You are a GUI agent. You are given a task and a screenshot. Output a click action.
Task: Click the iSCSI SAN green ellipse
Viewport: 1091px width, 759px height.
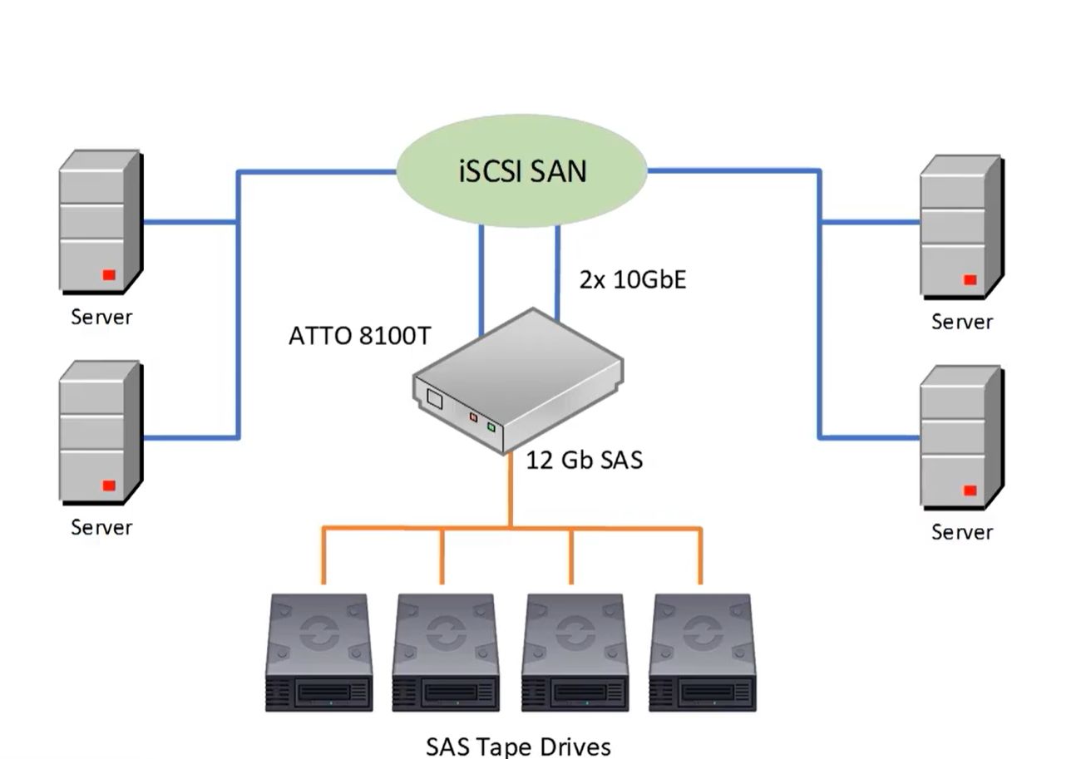click(522, 172)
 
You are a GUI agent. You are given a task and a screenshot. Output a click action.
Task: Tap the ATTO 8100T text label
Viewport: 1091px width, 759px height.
click(360, 336)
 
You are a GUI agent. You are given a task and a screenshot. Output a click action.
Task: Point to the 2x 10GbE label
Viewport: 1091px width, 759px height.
click(633, 279)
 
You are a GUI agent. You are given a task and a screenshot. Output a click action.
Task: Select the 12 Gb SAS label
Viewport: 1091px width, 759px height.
click(585, 460)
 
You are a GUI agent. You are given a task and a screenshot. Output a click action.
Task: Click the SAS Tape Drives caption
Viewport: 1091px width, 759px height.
click(518, 746)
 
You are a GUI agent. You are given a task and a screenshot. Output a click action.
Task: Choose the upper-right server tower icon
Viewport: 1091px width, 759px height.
click(960, 226)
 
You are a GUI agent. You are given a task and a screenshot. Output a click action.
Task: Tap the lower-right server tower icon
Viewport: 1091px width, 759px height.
click(960, 436)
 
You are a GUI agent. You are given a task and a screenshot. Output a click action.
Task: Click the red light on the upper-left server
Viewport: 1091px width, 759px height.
click(108, 274)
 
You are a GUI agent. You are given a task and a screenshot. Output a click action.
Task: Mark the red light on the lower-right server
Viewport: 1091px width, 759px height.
click(970, 490)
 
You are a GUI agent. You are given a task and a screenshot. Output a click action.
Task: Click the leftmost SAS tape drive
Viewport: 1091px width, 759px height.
click(319, 653)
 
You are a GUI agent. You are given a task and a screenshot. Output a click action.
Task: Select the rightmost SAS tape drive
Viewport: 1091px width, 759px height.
click(703, 653)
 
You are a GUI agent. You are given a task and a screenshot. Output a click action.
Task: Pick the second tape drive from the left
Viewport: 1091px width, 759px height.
click(446, 653)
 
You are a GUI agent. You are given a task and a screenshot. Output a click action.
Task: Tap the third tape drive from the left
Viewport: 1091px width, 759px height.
click(574, 653)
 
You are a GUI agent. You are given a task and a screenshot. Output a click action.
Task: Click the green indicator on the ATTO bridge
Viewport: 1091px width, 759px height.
click(491, 427)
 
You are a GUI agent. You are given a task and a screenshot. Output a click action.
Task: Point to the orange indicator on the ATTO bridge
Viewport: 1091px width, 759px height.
click(473, 417)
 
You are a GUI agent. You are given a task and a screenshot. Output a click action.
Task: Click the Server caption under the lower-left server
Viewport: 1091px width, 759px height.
click(101, 527)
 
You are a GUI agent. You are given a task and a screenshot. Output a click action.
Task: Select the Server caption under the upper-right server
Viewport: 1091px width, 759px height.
click(962, 322)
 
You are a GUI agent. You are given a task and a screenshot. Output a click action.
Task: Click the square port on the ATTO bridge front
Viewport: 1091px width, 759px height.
click(434, 398)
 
